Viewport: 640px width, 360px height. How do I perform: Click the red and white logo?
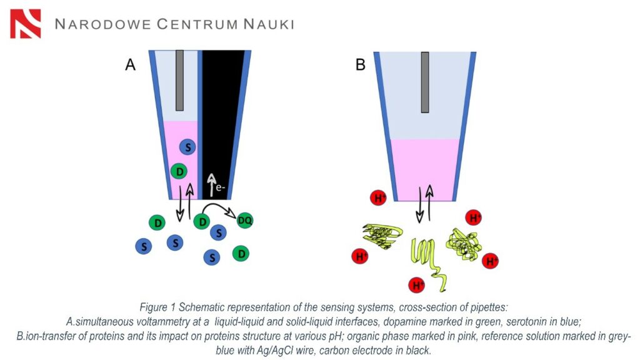pos(25,24)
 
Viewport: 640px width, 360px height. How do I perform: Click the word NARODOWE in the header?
pos(103,24)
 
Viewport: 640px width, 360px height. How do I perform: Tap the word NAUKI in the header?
pos(269,24)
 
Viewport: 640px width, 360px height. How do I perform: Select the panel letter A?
pos(130,64)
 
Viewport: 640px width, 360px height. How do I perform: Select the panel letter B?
pos(361,64)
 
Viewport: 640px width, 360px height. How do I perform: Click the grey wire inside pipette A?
pos(179,81)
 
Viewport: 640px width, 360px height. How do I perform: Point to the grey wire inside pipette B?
pos(425,82)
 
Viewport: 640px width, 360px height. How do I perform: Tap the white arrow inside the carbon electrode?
pos(211,185)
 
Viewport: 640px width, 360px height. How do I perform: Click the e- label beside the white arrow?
pos(221,187)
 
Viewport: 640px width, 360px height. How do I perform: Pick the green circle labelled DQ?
pos(245,221)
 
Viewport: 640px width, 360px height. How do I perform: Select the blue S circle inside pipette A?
pos(187,147)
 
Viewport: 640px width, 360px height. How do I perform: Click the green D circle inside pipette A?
pos(179,171)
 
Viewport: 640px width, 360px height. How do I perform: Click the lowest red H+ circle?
pos(417,284)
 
